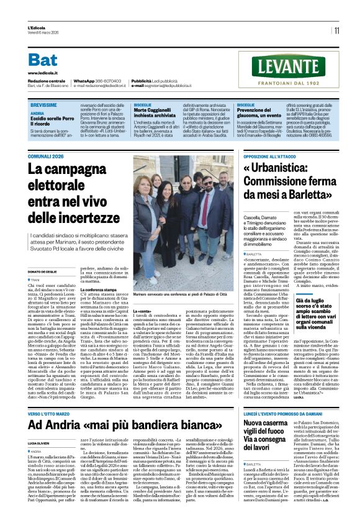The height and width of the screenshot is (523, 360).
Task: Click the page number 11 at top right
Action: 336,30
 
